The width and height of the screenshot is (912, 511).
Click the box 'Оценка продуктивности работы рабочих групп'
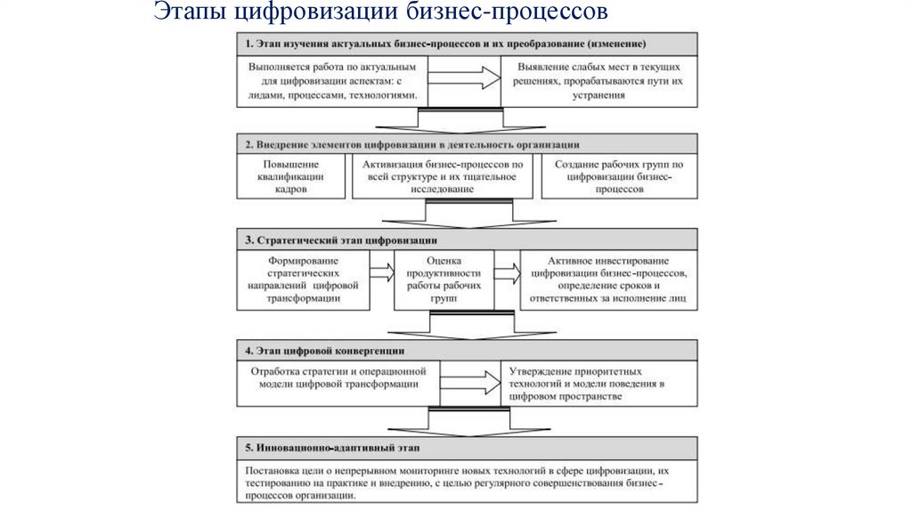(x=444, y=279)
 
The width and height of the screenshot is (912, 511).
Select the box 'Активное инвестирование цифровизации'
(x=608, y=279)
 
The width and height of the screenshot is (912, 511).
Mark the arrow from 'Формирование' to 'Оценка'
(x=382, y=273)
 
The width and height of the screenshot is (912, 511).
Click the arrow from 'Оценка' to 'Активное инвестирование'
(x=509, y=273)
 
